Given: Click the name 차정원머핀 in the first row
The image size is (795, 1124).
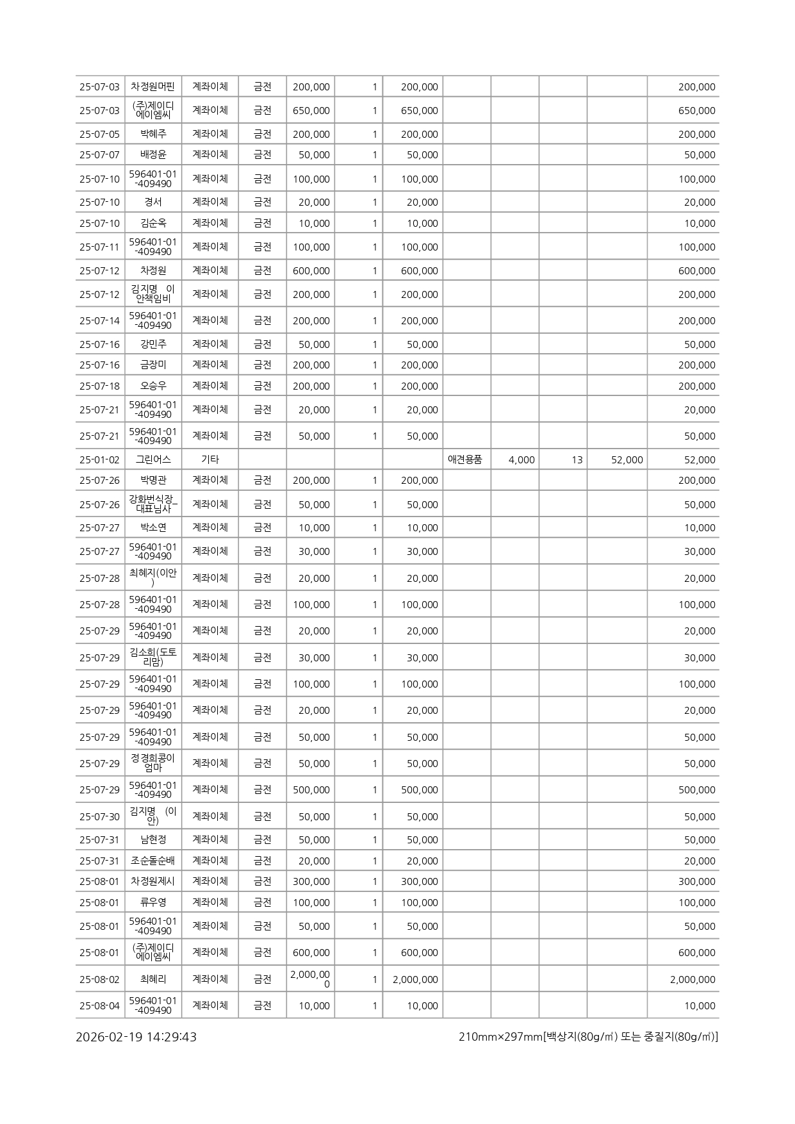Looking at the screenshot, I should pyautogui.click(x=152, y=87).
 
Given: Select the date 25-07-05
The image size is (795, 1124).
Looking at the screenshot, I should pyautogui.click(x=99, y=134).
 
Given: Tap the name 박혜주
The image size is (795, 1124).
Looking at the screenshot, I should pyautogui.click(x=153, y=134).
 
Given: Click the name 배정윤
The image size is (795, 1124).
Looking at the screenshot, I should pyautogui.click(x=153, y=154).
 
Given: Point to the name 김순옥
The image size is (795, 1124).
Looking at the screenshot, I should pyautogui.click(x=153, y=223).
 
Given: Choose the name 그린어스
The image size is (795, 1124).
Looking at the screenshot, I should pyautogui.click(x=153, y=459).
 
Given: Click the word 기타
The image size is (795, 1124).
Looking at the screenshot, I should pyautogui.click(x=210, y=459).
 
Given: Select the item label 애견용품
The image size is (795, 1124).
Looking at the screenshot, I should pyautogui.click(x=465, y=459).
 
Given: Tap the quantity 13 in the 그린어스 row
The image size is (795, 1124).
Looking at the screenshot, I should pyautogui.click(x=577, y=459).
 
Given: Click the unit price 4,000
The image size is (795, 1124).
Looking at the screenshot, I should pyautogui.click(x=521, y=459).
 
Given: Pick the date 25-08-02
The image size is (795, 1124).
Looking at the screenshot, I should pyautogui.click(x=99, y=979).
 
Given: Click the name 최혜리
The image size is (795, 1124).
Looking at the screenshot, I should pyautogui.click(x=153, y=979).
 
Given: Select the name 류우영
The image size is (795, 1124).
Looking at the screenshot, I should pyautogui.click(x=153, y=902).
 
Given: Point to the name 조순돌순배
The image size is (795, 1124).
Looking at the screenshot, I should pyautogui.click(x=153, y=861).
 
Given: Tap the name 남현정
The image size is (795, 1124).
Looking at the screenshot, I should pyautogui.click(x=153, y=839).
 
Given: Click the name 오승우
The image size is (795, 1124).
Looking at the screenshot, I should pyautogui.click(x=153, y=386).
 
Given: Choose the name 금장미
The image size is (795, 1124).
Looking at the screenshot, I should pyautogui.click(x=153, y=365).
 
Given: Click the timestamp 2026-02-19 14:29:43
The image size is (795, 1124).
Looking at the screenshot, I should pyautogui.click(x=136, y=1037).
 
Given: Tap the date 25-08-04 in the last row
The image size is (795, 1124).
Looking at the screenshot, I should pyautogui.click(x=99, y=1005).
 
